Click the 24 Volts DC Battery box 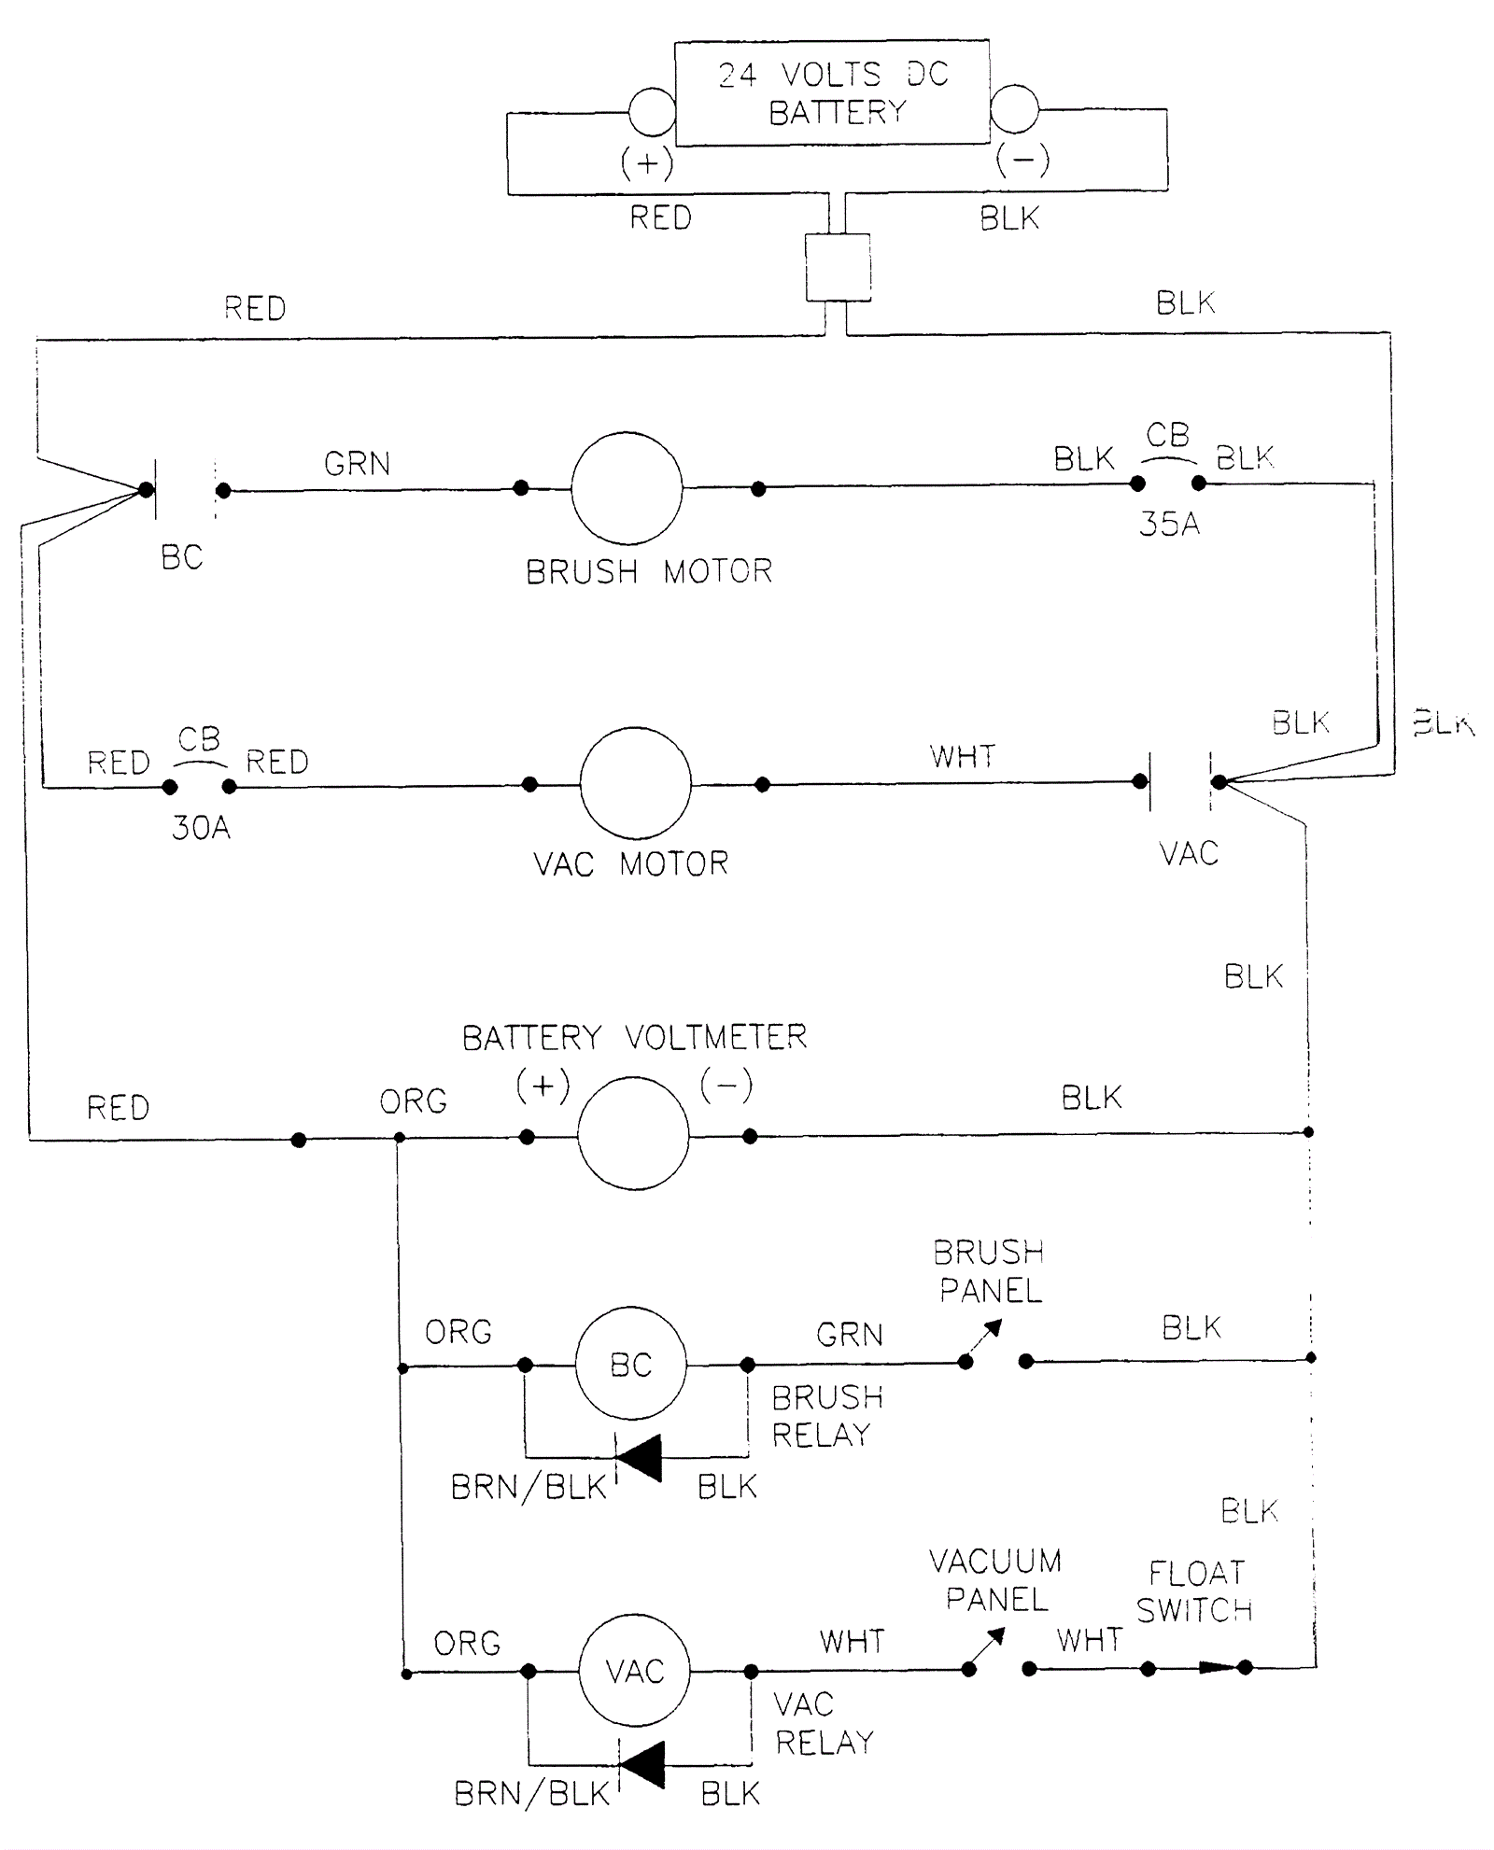tap(831, 92)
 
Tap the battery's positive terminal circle tap(652, 112)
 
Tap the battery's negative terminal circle tap(1013, 109)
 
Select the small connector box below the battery tap(838, 267)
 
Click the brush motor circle tap(627, 487)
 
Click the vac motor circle tap(635, 783)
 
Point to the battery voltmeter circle tap(633, 1133)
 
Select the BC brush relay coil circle tap(630, 1364)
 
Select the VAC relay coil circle tap(634, 1670)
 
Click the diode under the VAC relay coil tap(641, 1764)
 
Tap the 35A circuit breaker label tap(1169, 524)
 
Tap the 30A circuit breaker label tap(201, 827)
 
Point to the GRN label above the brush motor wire tap(357, 463)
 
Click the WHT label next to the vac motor tap(962, 756)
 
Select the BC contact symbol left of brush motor tap(185, 489)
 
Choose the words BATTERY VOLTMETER tap(634, 1037)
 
